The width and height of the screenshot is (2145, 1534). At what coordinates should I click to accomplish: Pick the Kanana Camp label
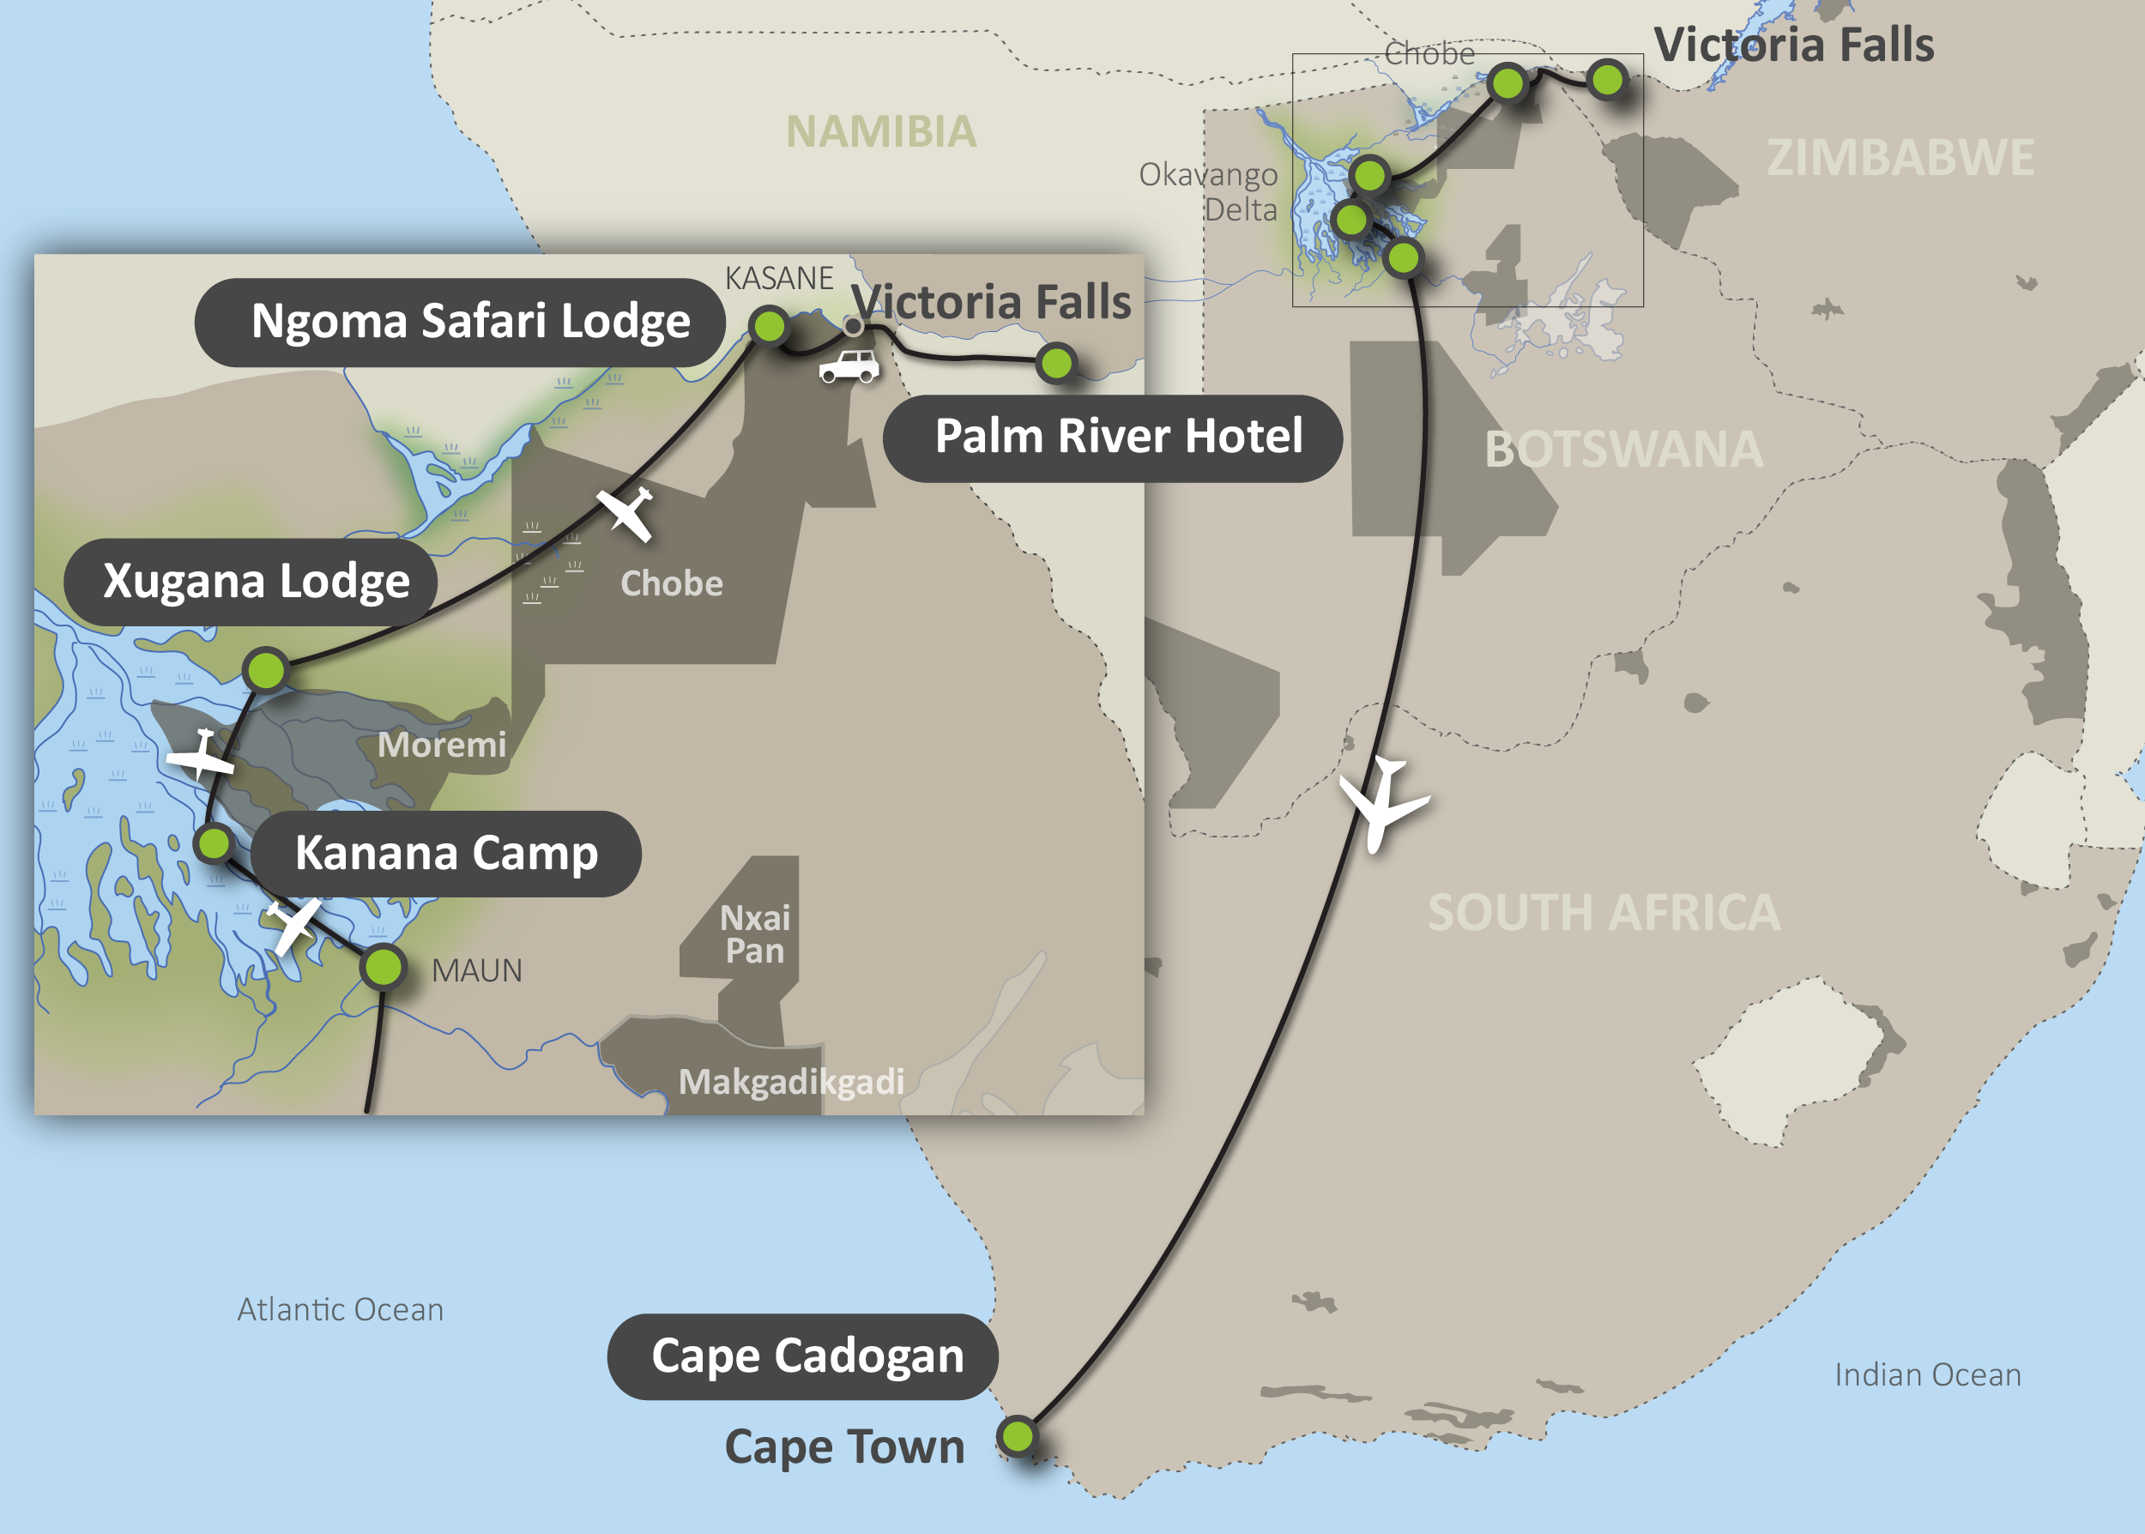coord(446,853)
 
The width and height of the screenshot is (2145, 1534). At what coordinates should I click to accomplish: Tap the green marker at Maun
coord(384,966)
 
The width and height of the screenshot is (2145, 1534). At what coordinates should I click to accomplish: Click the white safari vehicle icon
coord(849,366)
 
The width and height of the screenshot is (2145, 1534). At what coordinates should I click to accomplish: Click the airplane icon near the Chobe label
coord(626,513)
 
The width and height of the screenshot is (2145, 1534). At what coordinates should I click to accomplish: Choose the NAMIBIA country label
coord(881,132)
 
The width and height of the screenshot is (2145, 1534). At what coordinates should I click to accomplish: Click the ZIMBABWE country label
coord(1900,158)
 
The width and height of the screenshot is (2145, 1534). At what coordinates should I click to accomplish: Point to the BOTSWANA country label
coord(1623,450)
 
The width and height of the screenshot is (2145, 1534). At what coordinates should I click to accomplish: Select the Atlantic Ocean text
coord(340,1310)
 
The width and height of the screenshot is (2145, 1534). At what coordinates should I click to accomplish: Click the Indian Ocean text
coord(1927,1375)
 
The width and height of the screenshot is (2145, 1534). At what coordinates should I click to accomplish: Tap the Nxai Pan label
coord(755,934)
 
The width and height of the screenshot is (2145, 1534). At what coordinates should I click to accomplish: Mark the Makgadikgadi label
coord(790,1083)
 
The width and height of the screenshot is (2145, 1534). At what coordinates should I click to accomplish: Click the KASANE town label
coord(778,279)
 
